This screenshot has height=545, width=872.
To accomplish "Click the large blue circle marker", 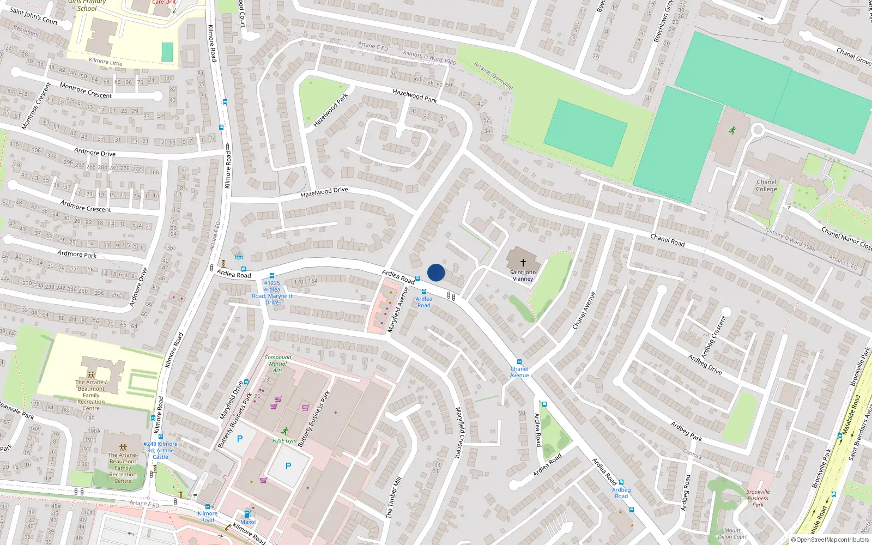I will click(x=436, y=272).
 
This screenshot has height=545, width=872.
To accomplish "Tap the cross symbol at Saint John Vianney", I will click(x=523, y=263).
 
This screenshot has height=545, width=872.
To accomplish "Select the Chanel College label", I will click(x=766, y=186).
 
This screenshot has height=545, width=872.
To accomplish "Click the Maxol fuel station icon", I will click(x=247, y=513).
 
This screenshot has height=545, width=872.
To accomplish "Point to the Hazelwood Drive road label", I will click(x=324, y=192).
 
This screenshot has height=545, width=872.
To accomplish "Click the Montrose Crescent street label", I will click(x=86, y=91).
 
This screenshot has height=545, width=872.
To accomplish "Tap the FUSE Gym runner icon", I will click(x=285, y=431).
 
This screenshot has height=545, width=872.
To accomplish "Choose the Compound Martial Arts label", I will click(x=278, y=364).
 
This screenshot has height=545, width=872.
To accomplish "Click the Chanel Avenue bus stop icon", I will click(x=519, y=362).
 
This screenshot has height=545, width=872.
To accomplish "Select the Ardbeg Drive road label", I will click(x=705, y=364).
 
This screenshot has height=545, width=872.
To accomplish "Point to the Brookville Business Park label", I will click(x=758, y=498).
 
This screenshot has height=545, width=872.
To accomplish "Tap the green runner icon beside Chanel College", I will click(x=732, y=130).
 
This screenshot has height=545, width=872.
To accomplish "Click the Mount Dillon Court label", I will click(x=732, y=534).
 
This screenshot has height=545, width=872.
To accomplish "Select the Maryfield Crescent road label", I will click(x=462, y=432).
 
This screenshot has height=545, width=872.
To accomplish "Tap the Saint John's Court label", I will click(x=34, y=16).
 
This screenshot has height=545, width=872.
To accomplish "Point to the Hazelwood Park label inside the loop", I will click(x=330, y=111).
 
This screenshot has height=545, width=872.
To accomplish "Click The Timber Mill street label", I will click(x=393, y=497).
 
